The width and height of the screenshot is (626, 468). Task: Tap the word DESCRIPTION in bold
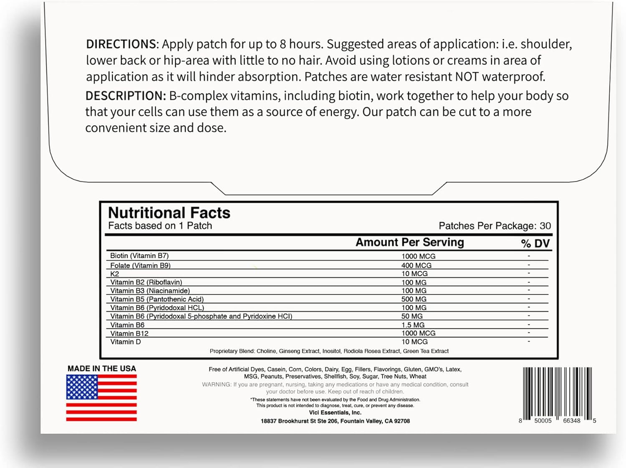(x=126, y=96)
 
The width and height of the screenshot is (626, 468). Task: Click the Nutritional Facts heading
(x=169, y=213)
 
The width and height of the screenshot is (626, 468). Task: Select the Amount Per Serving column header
(x=409, y=243)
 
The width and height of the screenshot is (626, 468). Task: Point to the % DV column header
(x=535, y=244)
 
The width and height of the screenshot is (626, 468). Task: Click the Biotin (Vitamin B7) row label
(x=139, y=256)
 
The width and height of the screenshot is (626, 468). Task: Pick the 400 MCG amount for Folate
(x=416, y=265)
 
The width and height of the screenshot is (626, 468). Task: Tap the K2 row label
(x=115, y=274)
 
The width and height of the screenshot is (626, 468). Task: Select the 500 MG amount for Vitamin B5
(x=414, y=299)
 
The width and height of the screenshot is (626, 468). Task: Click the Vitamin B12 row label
(x=129, y=333)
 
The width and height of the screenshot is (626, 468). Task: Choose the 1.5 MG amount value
(x=413, y=325)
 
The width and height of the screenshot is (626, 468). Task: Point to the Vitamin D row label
(x=126, y=342)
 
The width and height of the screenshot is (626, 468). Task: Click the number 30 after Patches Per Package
(x=545, y=226)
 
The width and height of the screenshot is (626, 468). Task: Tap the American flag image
(x=101, y=398)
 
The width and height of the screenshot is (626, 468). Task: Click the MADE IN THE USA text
(x=102, y=369)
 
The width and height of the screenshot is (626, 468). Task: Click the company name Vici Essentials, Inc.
(x=335, y=413)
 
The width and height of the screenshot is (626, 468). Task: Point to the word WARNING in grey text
(x=216, y=384)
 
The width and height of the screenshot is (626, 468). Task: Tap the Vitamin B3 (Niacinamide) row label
(x=150, y=291)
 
